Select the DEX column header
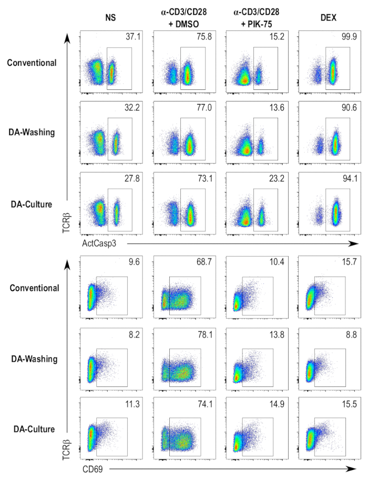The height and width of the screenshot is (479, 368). click(x=324, y=16)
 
